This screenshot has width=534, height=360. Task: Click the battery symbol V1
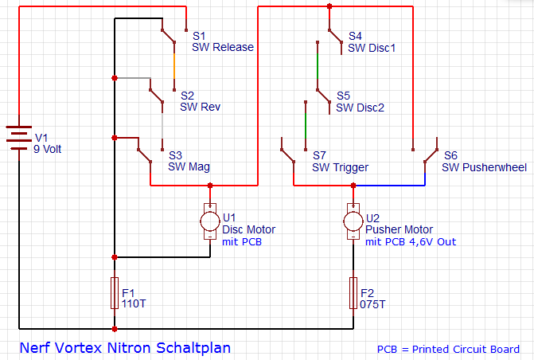[x=18, y=139]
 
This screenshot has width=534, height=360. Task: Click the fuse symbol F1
[x=115, y=293]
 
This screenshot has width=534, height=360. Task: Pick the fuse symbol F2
[x=353, y=293]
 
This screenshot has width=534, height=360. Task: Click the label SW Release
[x=223, y=47]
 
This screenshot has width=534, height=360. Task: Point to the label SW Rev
[x=201, y=107]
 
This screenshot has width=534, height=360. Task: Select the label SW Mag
[x=189, y=167]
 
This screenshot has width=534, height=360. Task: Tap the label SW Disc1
[x=372, y=48]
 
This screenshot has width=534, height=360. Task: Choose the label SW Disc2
[x=360, y=108]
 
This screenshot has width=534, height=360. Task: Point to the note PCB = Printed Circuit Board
[x=448, y=349]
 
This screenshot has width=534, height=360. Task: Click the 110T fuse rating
[x=134, y=304]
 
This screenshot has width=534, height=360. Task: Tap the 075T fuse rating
[x=373, y=304]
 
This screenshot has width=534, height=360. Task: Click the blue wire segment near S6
[x=390, y=186]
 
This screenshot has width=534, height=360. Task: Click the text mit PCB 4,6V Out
[x=411, y=241]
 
